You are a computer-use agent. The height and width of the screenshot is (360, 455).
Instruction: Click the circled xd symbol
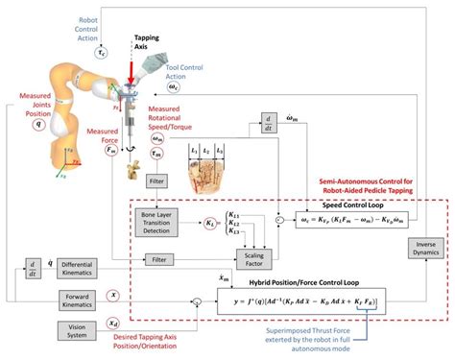[112, 324]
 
